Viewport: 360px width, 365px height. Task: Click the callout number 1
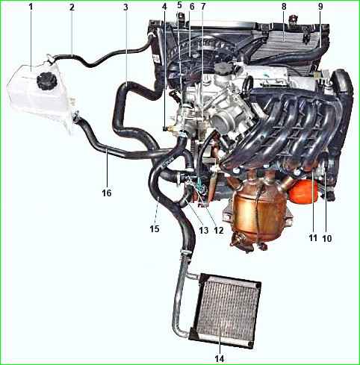point(31,7)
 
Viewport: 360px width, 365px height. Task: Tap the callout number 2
point(72,7)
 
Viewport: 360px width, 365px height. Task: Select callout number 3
point(125,7)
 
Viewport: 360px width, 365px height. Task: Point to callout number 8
point(284,7)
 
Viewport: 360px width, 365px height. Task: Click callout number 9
point(320,7)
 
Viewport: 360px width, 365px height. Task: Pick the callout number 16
point(107,193)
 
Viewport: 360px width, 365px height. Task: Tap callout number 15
point(155,228)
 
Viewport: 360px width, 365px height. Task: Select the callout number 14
point(220,358)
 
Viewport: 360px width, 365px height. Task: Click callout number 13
point(203,231)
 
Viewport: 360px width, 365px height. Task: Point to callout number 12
point(219,231)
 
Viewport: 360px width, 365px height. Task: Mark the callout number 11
point(313,238)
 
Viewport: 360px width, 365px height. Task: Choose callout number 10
point(327,238)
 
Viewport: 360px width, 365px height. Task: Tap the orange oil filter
point(304,190)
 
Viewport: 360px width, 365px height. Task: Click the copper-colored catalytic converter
point(259,216)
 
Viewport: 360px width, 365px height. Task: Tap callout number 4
point(164,7)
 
